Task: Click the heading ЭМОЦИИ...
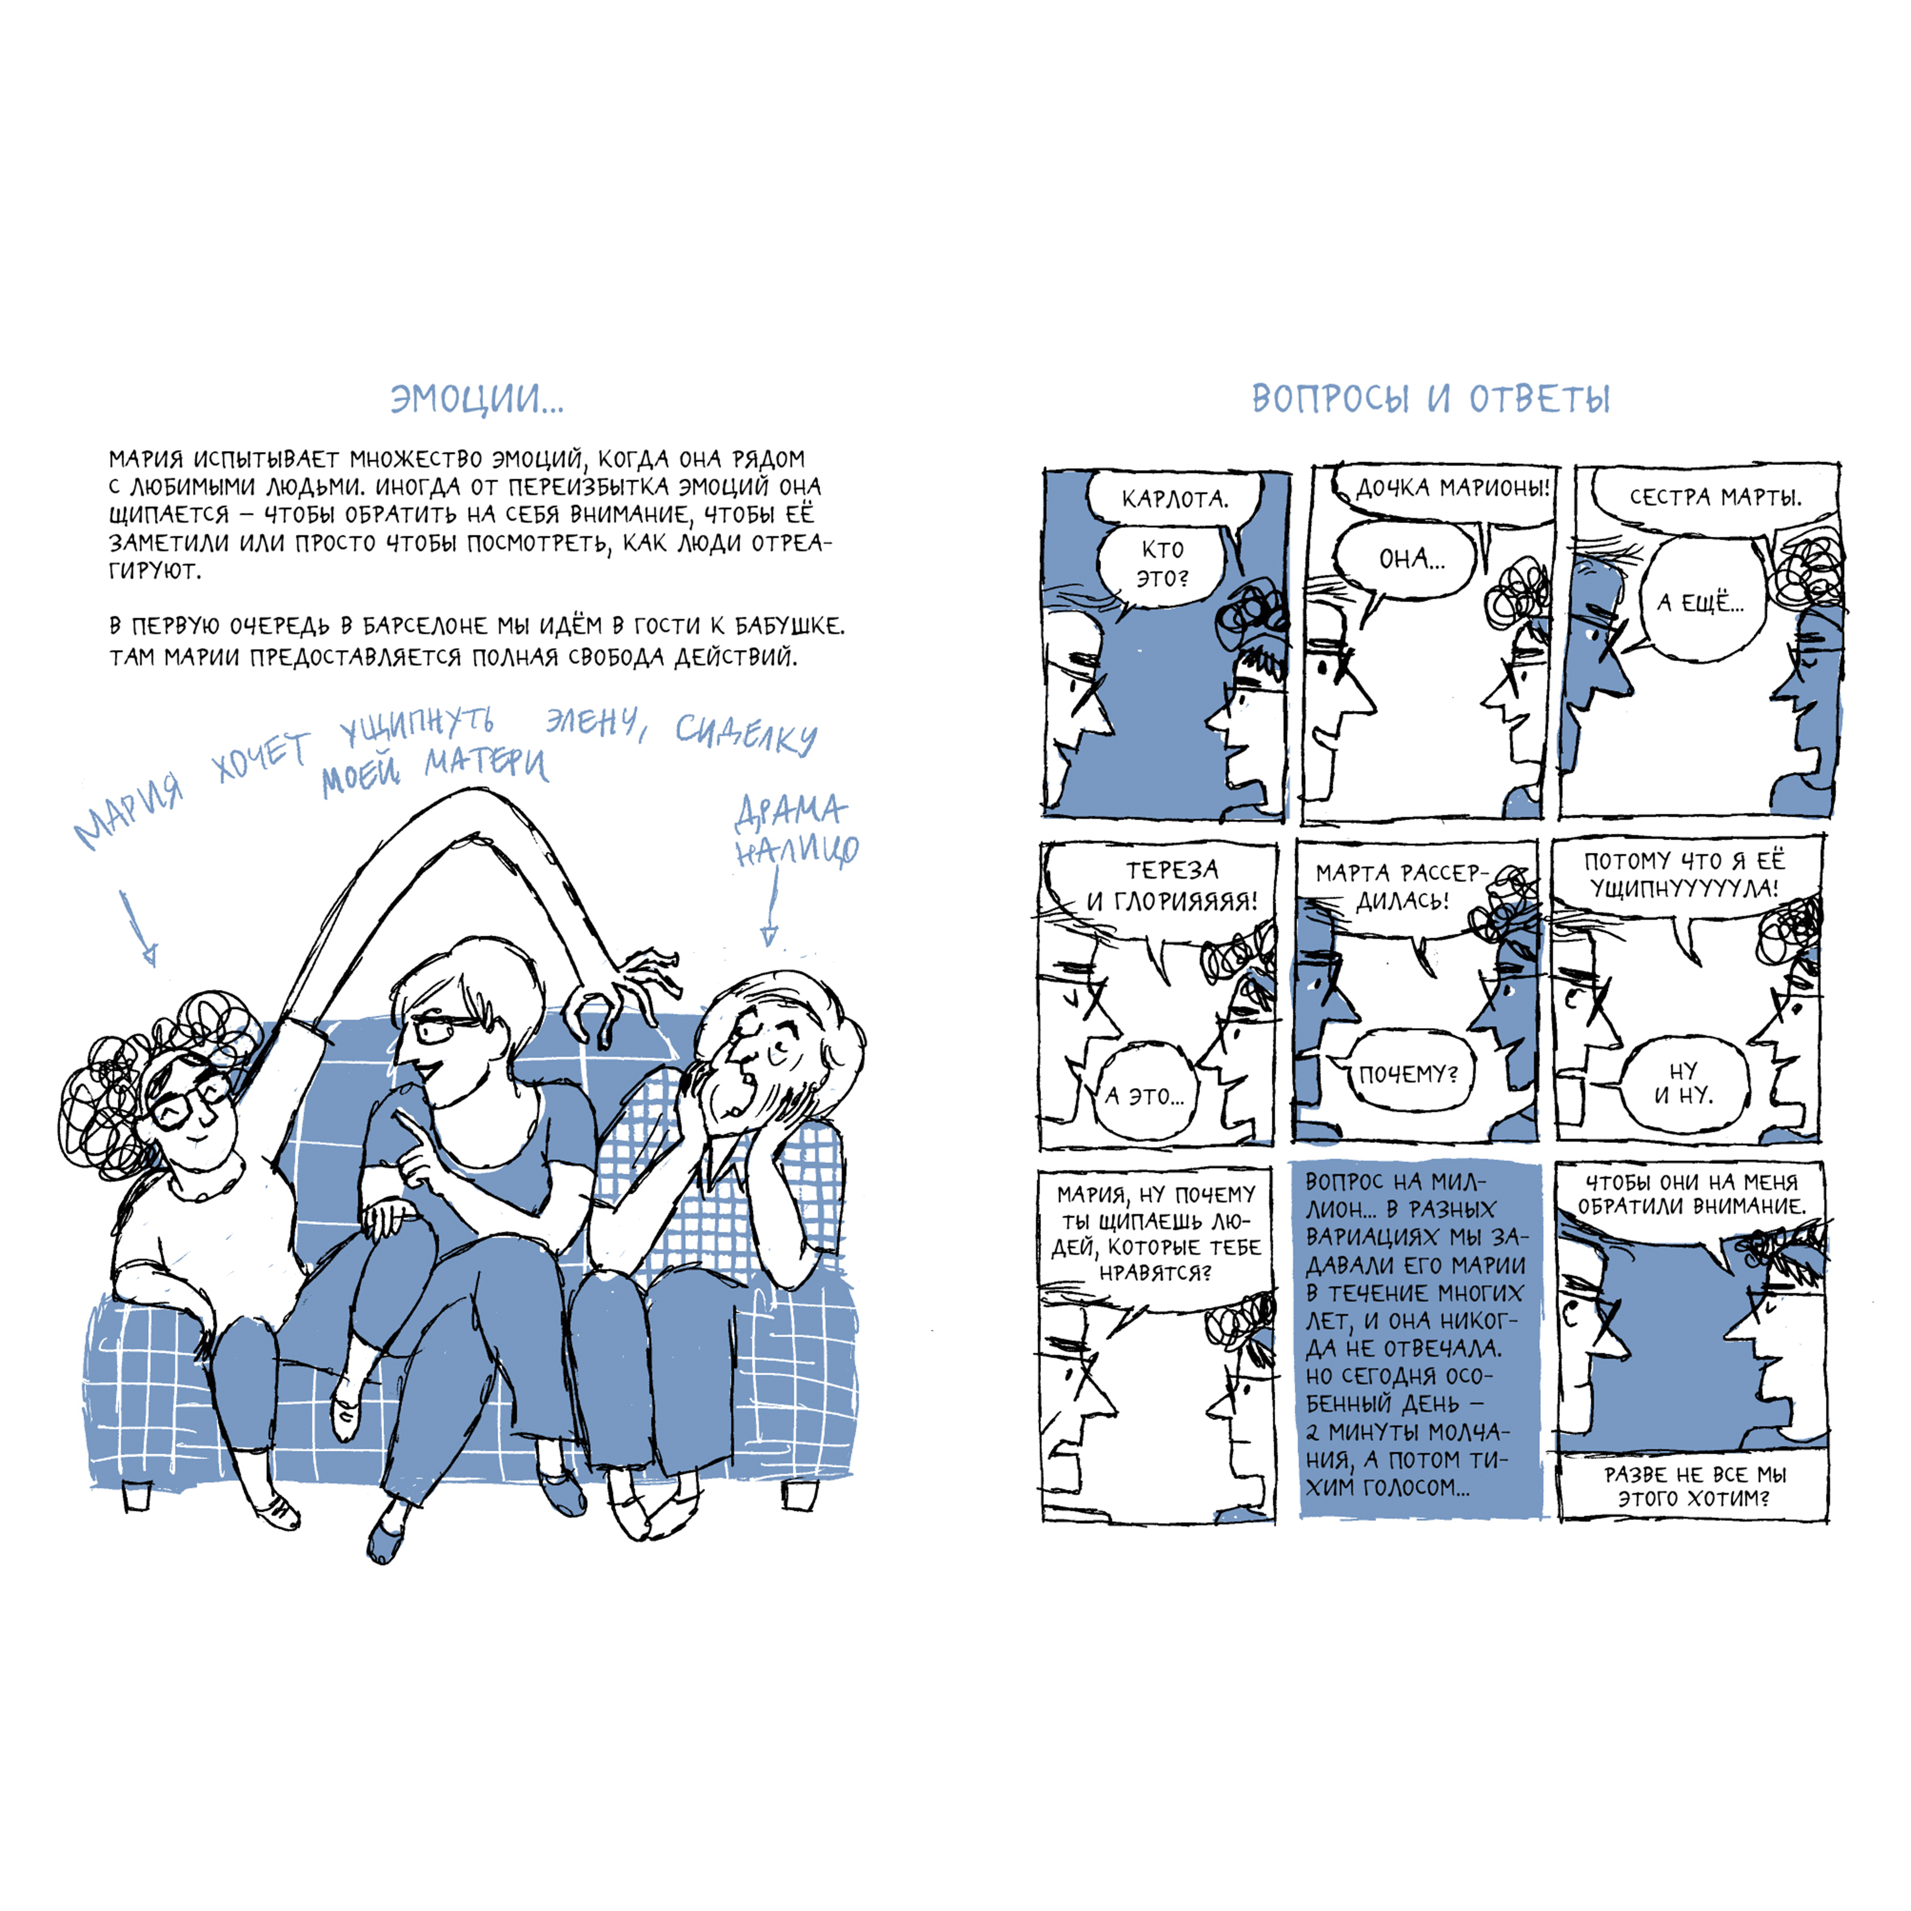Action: pos(477,399)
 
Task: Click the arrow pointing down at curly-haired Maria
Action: pos(138,927)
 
